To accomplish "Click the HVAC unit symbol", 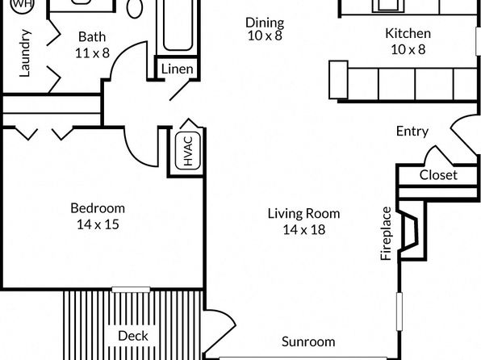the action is point(188,151).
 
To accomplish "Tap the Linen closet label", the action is point(178,69).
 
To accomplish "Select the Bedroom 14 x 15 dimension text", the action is point(98,224).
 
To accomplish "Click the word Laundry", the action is point(25,53).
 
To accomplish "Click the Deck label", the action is point(133,336).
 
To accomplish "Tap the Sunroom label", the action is point(308,341).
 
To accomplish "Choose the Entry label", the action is point(412,132).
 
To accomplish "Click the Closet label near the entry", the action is point(438,175).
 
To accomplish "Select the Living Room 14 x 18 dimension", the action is point(304,229).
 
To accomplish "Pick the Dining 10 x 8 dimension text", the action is point(265,36).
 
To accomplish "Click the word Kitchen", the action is point(408,33).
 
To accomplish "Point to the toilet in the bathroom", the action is point(135,8).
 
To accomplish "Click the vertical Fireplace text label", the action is point(387,233).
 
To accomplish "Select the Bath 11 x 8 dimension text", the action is point(92,53).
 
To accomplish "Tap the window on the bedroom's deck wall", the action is point(131,290).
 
